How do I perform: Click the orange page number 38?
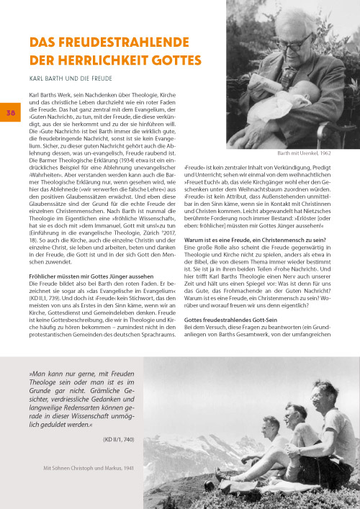[12, 112]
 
